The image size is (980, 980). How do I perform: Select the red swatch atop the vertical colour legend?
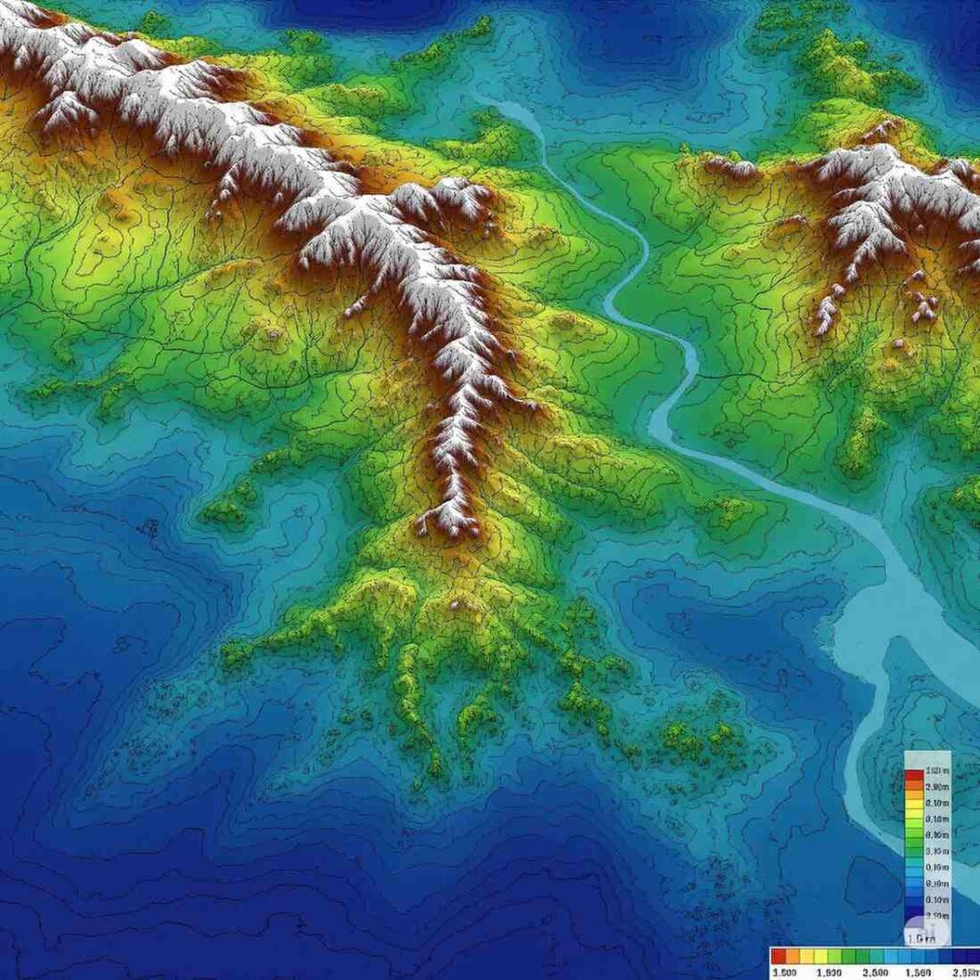[913, 772]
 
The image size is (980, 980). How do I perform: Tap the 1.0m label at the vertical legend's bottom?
[923, 939]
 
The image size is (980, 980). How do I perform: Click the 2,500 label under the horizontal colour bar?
[876, 971]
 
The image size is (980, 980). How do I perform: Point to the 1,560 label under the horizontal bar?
[917, 971]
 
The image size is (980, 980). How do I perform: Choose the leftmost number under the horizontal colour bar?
[786, 971]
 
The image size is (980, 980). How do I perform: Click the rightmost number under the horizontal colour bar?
[963, 971]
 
